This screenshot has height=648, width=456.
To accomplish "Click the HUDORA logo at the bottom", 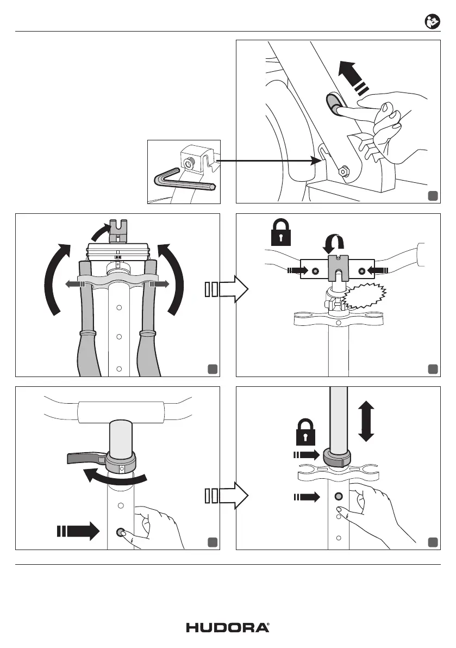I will (x=228, y=627).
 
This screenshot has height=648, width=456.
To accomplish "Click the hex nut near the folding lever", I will (x=344, y=171).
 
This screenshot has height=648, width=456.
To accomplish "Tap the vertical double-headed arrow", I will (x=366, y=421).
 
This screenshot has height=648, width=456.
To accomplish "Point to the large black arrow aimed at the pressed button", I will (x=78, y=531).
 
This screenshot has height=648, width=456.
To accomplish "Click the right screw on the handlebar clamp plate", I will (x=361, y=269).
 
